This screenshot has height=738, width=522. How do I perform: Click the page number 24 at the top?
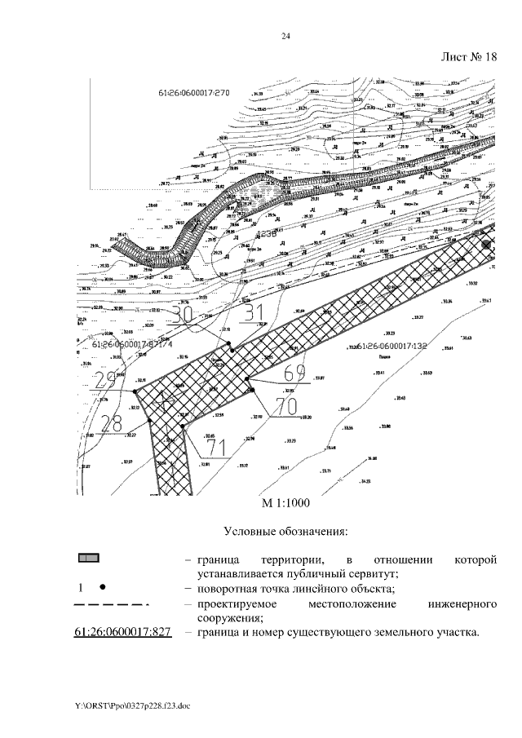[x=286, y=35]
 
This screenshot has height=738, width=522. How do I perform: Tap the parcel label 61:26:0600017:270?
[x=195, y=93]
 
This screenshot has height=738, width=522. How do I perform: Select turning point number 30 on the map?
[x=184, y=314]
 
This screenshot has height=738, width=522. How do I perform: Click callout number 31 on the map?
[x=254, y=313]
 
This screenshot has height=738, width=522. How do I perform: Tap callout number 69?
[x=294, y=374]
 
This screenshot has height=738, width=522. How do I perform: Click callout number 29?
[x=105, y=381]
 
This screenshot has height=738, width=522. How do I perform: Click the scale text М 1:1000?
[x=285, y=503]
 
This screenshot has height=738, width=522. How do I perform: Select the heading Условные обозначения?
[x=285, y=532]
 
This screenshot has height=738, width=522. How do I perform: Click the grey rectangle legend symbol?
[x=89, y=559]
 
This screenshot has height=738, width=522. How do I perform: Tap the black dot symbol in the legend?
[x=103, y=587]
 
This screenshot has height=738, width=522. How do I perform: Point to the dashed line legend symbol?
[x=111, y=604]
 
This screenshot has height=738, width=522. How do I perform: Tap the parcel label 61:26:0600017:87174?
[x=132, y=345]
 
